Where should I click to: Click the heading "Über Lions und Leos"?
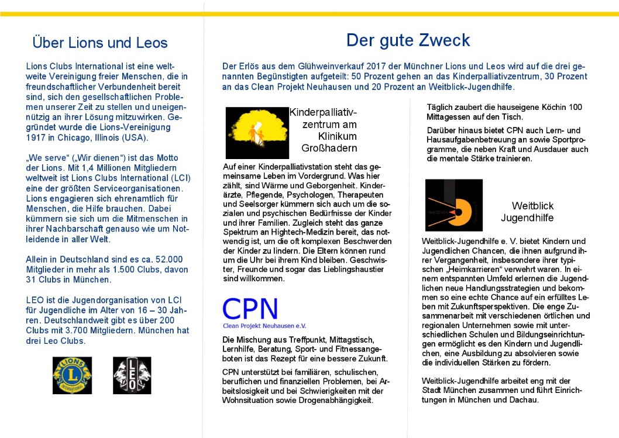pos(100,43)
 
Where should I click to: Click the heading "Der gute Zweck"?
pos(408,40)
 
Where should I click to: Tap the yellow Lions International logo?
pos(73,375)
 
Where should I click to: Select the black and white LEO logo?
pos(132,375)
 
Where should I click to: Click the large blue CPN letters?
pos(250,308)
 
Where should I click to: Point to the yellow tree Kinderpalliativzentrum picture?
pos(257,133)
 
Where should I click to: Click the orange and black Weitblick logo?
pos(453,205)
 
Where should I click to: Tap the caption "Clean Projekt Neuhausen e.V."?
pos(264,326)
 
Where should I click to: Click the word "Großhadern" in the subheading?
pos(329,148)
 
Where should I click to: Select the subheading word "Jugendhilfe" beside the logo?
pos(527,218)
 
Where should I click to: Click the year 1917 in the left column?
pos(37,138)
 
